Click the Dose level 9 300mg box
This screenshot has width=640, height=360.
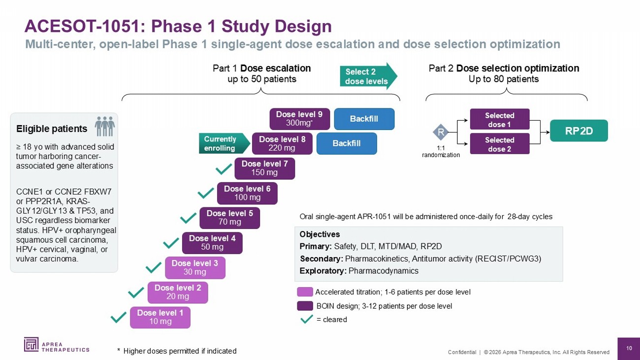click(x=300, y=119)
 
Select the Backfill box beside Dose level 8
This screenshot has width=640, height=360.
click(x=347, y=143)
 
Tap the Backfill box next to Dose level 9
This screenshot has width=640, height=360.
click(x=364, y=119)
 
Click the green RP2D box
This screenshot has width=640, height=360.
click(x=579, y=131)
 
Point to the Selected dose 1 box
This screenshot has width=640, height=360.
click(x=500, y=119)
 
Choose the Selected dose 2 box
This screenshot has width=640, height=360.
click(x=500, y=144)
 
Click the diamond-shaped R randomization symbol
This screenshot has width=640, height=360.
click(x=441, y=132)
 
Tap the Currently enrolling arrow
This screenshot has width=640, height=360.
click(x=224, y=143)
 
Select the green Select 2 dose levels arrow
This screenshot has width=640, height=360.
click(x=369, y=76)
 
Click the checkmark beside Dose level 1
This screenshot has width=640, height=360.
click(x=119, y=317)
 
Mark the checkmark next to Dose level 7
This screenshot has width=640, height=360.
click(x=224, y=168)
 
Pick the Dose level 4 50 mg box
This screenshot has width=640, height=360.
click(x=212, y=243)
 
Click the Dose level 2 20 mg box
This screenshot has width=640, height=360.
click(x=178, y=293)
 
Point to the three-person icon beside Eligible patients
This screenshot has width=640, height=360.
click(x=105, y=126)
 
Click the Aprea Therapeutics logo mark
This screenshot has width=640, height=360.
click(x=31, y=344)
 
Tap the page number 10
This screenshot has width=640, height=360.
click(x=629, y=348)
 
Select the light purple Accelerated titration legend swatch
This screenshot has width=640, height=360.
click(x=305, y=292)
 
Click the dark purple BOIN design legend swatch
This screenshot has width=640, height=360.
click(x=305, y=306)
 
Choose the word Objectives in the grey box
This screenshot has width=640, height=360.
click(x=320, y=234)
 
